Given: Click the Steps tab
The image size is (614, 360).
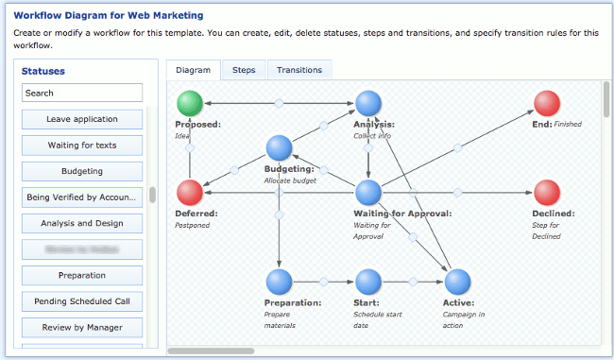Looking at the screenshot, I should click(244, 70).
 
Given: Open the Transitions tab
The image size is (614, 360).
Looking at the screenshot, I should click(299, 70).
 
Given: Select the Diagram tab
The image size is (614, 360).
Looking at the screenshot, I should click(193, 70).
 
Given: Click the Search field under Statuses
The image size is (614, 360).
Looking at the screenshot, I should click(82, 93).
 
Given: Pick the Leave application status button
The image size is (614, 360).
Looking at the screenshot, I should click(82, 119).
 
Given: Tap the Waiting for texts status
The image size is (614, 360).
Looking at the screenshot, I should click(82, 146).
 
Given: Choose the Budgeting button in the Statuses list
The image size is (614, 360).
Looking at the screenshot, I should click(82, 171).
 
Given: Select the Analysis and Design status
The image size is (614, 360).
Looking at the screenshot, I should click(82, 224).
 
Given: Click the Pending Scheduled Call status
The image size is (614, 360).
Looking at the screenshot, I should click(82, 301).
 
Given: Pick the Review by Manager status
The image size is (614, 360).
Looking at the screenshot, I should click(82, 328).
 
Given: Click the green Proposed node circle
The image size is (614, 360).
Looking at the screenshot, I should click(190, 103).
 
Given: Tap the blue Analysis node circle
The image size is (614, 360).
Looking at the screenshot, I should click(368, 103).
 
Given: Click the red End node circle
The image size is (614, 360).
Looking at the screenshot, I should click(546, 103).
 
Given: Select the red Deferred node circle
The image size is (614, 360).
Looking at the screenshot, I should click(190, 193).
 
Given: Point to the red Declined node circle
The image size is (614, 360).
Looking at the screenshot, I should click(546, 193).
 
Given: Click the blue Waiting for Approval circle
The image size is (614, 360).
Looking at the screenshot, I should click(368, 193).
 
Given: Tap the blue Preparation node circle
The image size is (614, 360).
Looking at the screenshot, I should click(279, 282).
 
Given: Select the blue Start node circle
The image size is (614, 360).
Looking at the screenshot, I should click(367, 282).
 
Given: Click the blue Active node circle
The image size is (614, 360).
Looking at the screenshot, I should click(457, 282).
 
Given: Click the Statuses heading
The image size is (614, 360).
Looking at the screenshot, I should click(43, 71).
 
